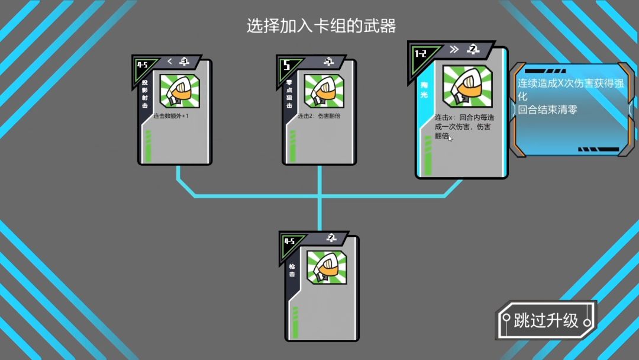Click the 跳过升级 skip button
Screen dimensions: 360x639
click(546, 321)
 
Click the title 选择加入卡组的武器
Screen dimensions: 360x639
click(321, 26)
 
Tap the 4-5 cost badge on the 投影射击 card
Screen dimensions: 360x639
click(143, 65)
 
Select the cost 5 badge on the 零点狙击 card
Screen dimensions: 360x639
click(287, 66)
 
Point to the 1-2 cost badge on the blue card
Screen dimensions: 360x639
click(421, 54)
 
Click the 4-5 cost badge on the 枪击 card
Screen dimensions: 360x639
click(289, 241)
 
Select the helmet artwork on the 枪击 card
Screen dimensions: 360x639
click(326, 267)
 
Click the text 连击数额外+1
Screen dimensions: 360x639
click(171, 116)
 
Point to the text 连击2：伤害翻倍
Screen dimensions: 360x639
click(319, 116)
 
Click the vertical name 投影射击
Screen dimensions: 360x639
click(145, 94)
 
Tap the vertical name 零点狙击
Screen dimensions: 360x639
click(289, 94)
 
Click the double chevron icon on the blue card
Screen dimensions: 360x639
click(454, 49)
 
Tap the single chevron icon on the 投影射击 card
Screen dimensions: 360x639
click(170, 61)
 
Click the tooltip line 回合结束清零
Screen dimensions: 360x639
click(547, 110)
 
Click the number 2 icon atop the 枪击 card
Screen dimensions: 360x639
click(331, 238)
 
